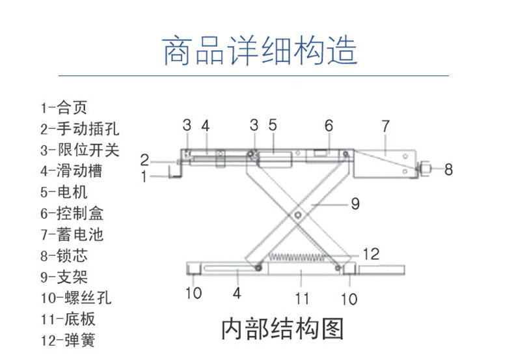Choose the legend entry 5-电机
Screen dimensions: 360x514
(x=63, y=192)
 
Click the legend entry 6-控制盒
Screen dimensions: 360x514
(x=72, y=213)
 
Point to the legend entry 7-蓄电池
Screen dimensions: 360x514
(x=72, y=234)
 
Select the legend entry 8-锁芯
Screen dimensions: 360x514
(x=63, y=255)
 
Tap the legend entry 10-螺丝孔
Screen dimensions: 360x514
(x=75, y=298)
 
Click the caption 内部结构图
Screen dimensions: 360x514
(x=282, y=329)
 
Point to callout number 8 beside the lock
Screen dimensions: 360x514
(x=448, y=170)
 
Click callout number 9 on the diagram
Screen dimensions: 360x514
(x=355, y=204)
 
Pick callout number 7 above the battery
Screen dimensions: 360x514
(x=385, y=125)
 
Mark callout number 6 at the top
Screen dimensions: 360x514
(x=329, y=124)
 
